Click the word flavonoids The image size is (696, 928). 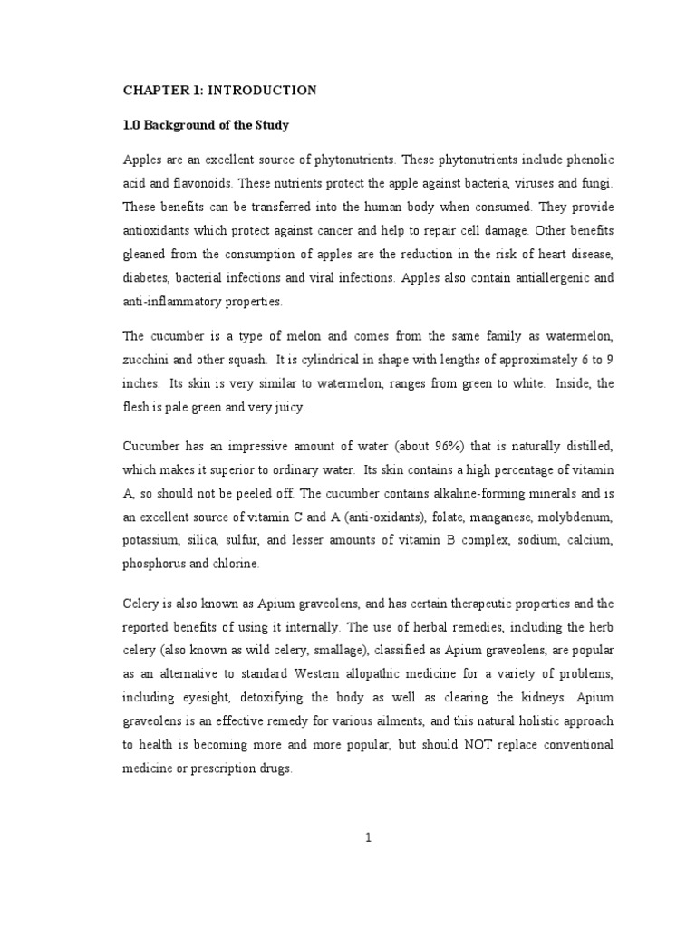pos(182,183)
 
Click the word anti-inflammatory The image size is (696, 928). pos(181,301)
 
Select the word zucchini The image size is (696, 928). pos(146,361)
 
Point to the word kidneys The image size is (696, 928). pos(524,697)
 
